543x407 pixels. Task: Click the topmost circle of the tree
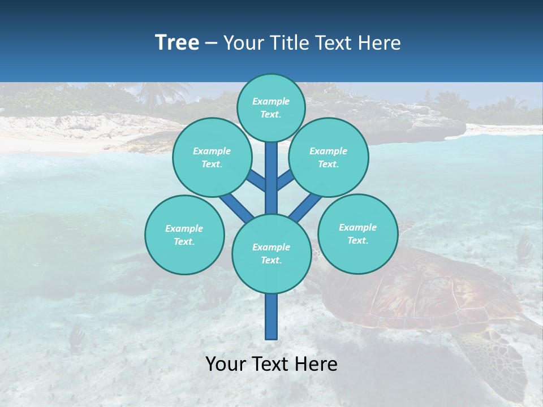[x=271, y=108]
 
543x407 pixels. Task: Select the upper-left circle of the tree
[x=212, y=157]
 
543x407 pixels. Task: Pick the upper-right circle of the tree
[x=329, y=157]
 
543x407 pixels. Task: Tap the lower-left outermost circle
[x=184, y=235]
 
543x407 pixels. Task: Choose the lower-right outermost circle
[x=357, y=233]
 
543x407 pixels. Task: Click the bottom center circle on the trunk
[x=271, y=254]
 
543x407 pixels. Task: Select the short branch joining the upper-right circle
[x=285, y=180]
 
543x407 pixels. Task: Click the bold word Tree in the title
[x=177, y=42]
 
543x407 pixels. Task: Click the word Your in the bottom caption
[x=226, y=364]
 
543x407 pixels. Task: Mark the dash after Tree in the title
[x=211, y=44]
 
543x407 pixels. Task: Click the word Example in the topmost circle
[x=271, y=101]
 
